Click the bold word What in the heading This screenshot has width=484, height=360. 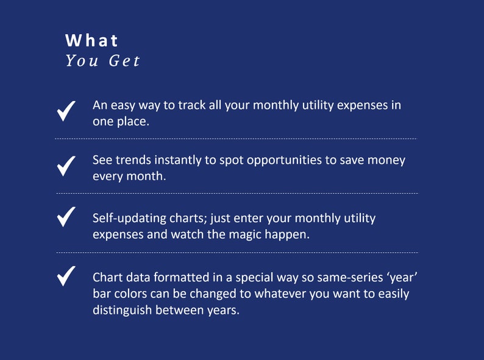92,41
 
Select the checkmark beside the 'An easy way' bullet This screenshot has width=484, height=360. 66,111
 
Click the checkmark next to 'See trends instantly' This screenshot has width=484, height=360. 66,166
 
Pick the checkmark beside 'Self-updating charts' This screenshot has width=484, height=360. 66,217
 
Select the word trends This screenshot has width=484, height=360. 133,160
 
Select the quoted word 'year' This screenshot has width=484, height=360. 400,278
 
